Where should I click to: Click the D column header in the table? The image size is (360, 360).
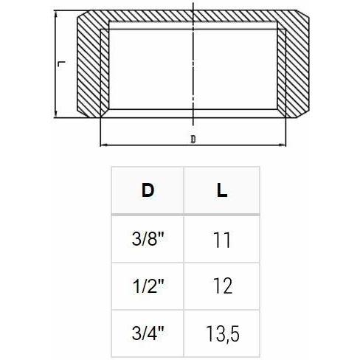(x=148, y=190)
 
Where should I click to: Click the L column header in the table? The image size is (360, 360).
(x=222, y=190)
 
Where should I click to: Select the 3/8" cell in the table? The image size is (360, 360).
(x=148, y=240)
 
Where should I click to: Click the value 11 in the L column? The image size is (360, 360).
(x=222, y=240)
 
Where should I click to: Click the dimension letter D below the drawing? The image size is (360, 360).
(x=193, y=138)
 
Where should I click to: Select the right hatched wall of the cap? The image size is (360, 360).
(x=295, y=66)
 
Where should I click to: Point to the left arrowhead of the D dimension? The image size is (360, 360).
(x=101, y=144)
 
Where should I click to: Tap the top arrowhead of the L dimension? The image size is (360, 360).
(x=55, y=14)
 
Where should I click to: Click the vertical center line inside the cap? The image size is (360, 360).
(x=193, y=66)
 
